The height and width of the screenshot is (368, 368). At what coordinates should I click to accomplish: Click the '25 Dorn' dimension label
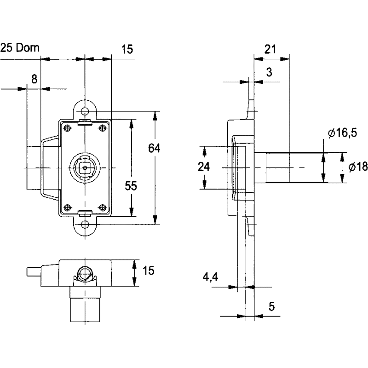(x=20, y=48)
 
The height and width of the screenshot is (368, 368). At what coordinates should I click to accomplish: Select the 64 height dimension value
(x=154, y=148)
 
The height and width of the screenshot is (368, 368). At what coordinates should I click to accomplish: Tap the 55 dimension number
(x=131, y=186)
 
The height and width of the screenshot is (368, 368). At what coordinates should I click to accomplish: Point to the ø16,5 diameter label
(x=342, y=133)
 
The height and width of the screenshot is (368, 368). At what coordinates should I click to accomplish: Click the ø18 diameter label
(x=358, y=167)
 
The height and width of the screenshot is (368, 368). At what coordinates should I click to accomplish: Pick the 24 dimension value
(x=204, y=167)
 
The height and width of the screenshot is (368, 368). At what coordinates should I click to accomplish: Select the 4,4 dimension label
(x=210, y=277)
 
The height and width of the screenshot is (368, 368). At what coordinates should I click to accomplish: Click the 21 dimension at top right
(x=270, y=49)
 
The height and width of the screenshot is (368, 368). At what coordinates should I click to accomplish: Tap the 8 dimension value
(x=34, y=79)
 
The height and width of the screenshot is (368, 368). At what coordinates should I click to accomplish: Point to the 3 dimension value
(x=269, y=72)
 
